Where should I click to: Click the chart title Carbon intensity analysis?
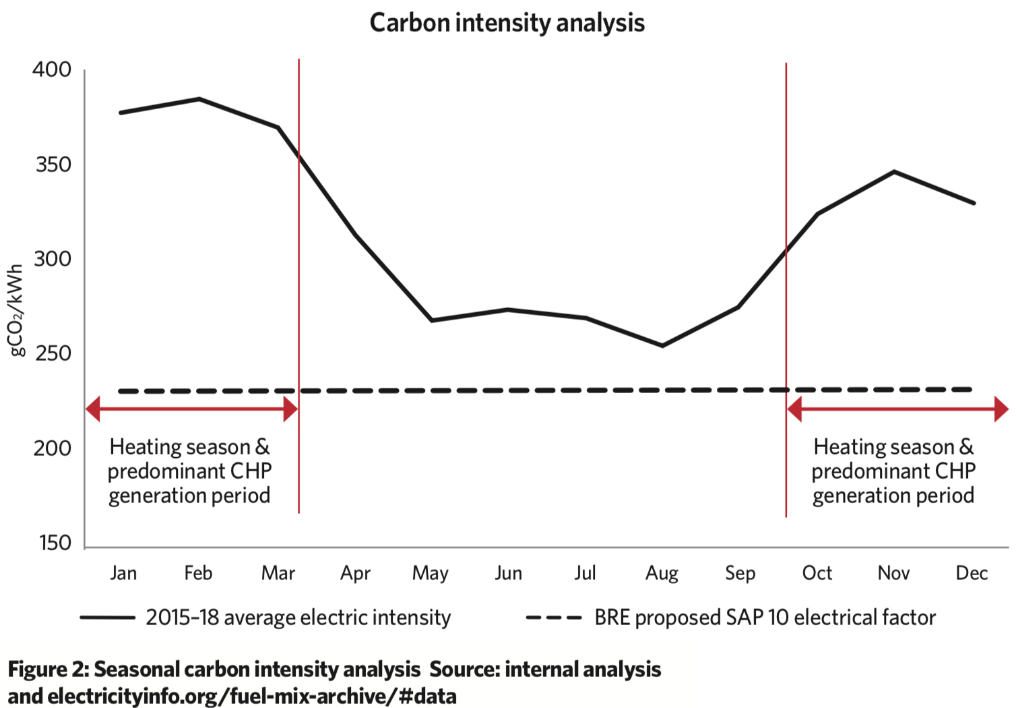[x=507, y=23]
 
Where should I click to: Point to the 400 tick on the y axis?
[x=52, y=70]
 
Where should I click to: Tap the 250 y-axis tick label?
[x=53, y=353]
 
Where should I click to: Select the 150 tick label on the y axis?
[x=55, y=543]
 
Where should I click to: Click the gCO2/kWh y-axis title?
[x=16, y=310]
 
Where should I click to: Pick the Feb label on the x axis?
[x=198, y=573]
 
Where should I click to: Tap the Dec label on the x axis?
[x=972, y=573]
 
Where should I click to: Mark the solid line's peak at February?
[x=199, y=99]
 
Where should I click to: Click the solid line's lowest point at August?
[x=662, y=346]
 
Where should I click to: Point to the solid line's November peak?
[x=894, y=171]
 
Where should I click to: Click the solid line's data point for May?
[x=431, y=320]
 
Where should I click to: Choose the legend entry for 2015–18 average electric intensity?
[x=265, y=618]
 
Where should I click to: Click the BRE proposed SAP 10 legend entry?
[x=731, y=618]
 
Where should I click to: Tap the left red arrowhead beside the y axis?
[x=93, y=409]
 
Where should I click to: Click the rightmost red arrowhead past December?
[x=1001, y=409]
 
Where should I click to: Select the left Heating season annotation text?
[x=189, y=471]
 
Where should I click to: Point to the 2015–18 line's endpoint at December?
[x=974, y=203]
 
